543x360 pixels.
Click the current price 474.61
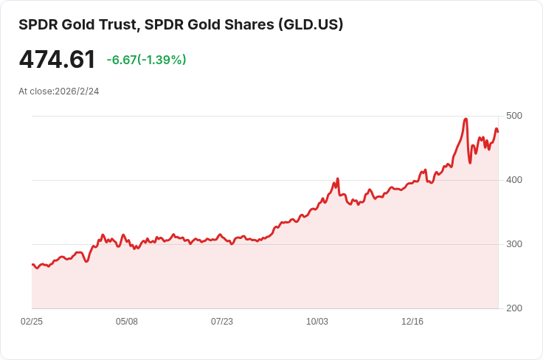click(57, 60)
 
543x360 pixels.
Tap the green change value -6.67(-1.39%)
click(146, 60)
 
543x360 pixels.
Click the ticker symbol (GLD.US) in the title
click(311, 24)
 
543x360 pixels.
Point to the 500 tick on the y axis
click(514, 116)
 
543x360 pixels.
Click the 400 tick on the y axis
click(514, 180)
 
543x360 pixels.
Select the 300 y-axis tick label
click(514, 244)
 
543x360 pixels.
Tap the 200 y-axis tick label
click(514, 308)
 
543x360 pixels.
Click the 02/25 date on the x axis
click(32, 322)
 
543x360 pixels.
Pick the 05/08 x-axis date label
click(127, 322)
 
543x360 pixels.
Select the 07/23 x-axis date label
click(222, 322)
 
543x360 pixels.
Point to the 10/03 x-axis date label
click(317, 322)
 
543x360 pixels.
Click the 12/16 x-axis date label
click(412, 322)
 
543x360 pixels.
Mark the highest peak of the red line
click(466, 119)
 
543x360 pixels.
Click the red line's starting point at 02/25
click(32, 264)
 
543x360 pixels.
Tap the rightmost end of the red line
click(498, 131)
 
